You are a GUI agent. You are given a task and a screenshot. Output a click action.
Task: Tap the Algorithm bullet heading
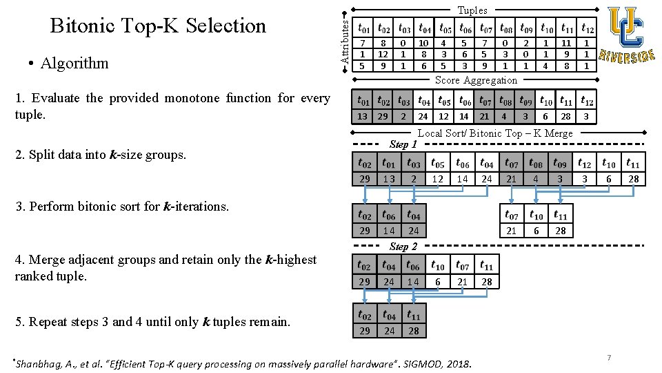(x=74, y=63)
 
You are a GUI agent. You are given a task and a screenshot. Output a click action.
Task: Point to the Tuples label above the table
(x=472, y=10)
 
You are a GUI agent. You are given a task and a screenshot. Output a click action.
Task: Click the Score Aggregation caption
(x=476, y=80)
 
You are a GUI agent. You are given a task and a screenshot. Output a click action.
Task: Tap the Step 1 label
(x=403, y=144)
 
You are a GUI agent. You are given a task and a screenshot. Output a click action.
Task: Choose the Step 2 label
(x=403, y=246)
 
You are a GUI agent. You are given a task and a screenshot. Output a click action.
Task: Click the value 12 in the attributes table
(x=383, y=54)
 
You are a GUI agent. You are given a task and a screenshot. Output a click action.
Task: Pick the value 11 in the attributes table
(x=566, y=43)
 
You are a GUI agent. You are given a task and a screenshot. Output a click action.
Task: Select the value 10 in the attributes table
(x=424, y=43)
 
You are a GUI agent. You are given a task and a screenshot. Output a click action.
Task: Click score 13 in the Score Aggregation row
(x=362, y=117)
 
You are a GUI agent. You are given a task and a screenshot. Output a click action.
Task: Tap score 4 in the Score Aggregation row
(x=505, y=117)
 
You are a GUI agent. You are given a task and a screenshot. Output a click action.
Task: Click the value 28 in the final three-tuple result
(x=413, y=331)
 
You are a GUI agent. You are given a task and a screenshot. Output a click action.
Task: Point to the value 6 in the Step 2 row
(x=437, y=281)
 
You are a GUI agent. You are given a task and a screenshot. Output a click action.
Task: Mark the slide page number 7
(x=609, y=357)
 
